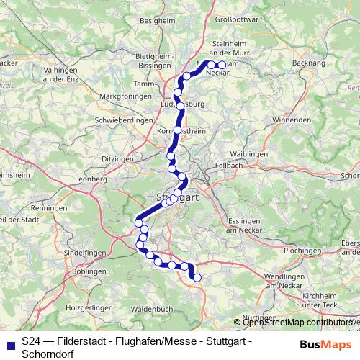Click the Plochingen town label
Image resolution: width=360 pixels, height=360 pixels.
click(302, 250)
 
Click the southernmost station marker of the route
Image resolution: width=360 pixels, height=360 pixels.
click(197, 277)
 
